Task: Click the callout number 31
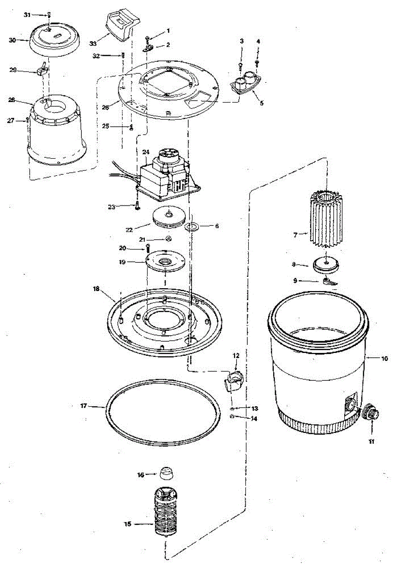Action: click(26, 15)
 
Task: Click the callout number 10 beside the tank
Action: click(384, 359)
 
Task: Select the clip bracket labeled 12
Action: click(233, 379)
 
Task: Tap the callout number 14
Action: click(254, 419)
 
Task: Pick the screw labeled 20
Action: click(148, 246)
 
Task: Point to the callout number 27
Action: click(11, 120)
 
